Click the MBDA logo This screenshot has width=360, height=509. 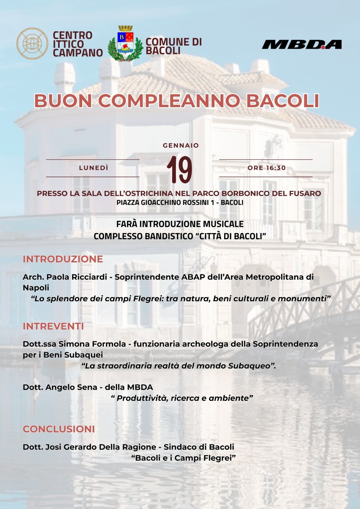pos(302,45)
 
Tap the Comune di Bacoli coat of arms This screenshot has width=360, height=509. pos(125,44)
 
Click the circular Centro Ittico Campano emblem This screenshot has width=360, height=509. pos(32,44)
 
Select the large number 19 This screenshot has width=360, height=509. pos(180,170)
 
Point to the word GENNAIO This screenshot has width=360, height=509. pos(181,145)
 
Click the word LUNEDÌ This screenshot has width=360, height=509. pos(94,168)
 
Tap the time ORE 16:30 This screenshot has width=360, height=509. pos(267,168)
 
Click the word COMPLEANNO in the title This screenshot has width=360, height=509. pos(169,101)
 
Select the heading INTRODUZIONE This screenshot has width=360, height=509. pos(63,259)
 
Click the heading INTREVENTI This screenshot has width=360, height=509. pos(53,326)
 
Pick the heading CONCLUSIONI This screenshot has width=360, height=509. pos(59,429)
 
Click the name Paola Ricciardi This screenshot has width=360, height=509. pos(77,277)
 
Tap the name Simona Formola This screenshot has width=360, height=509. pos(92,344)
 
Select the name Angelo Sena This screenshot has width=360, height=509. pos(71,387)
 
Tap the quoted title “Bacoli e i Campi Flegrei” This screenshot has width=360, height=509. pos(183,458)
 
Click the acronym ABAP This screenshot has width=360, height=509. pos(193,277)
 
